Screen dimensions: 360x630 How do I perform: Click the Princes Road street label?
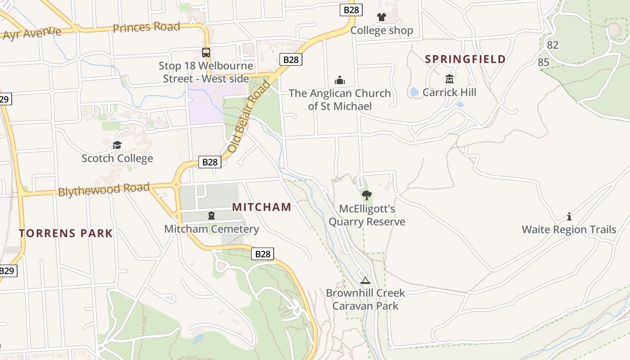click(146, 27)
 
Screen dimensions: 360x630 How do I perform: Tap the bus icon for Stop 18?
click(206, 52)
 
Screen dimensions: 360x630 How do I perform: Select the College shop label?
click(382, 31)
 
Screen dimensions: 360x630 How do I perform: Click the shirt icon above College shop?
click(382, 18)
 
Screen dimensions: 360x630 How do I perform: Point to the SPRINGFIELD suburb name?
click(465, 59)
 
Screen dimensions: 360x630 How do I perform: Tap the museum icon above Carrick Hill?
click(449, 79)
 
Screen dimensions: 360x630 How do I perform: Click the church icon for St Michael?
click(340, 80)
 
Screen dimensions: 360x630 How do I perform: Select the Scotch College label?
click(117, 158)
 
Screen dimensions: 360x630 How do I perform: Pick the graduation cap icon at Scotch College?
click(117, 145)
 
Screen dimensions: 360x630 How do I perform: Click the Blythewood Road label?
click(103, 189)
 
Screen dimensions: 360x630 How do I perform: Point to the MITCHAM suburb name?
click(261, 207)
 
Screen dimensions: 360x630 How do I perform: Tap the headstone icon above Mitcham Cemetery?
click(211, 216)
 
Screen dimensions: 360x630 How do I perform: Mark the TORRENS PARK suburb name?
click(66, 233)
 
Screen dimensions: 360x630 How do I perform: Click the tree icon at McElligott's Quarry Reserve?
click(367, 195)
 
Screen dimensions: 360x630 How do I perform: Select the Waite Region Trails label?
click(569, 229)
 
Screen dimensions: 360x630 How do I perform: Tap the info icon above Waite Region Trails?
click(569, 216)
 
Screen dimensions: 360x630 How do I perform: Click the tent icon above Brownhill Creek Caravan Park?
click(365, 280)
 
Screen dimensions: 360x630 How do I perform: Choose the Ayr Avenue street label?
click(31, 33)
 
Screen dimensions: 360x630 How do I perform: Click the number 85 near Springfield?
click(544, 62)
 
